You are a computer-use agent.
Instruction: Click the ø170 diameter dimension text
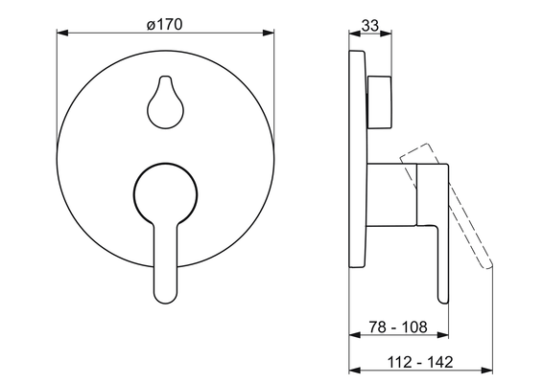pyautogui.click(x=164, y=25)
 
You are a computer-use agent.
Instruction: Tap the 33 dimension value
pyautogui.click(x=370, y=25)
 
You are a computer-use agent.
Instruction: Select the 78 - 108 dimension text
pyautogui.click(x=398, y=327)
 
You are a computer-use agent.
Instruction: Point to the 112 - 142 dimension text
pyautogui.click(x=419, y=362)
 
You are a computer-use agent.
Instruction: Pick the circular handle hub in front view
pyautogui.click(x=166, y=193)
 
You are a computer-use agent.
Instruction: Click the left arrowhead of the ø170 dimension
pyautogui.click(x=61, y=33)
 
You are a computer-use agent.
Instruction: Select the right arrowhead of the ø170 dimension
pyautogui.click(x=269, y=33)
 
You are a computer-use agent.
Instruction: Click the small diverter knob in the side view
pyautogui.click(x=380, y=101)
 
